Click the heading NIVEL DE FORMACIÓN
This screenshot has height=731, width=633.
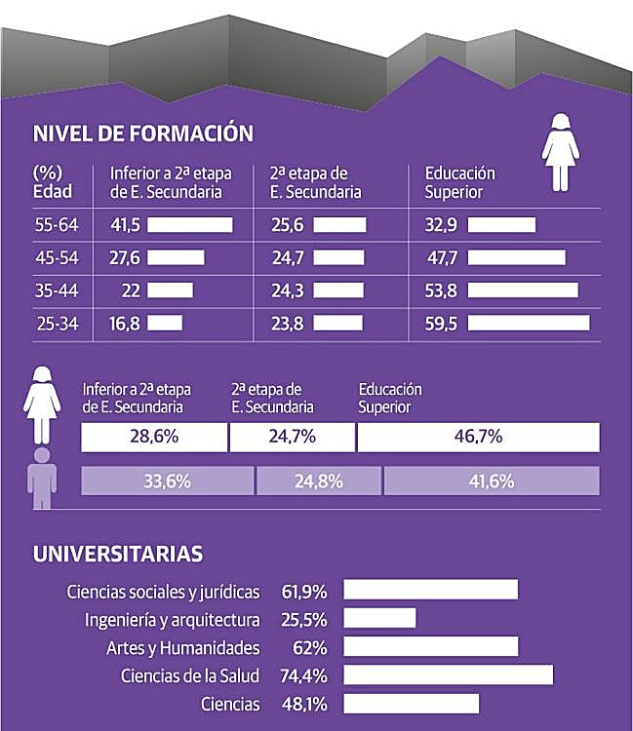pyautogui.click(x=142, y=134)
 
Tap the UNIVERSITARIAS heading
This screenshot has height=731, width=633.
pyautogui.click(x=118, y=554)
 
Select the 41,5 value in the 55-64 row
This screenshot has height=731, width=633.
pyautogui.click(x=126, y=225)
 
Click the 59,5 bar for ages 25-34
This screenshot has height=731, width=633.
pyautogui.click(x=529, y=323)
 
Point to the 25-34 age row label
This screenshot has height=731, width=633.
pyautogui.click(x=55, y=323)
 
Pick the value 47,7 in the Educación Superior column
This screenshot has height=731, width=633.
pyautogui.click(x=443, y=257)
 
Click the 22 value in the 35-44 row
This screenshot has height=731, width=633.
pyautogui.click(x=132, y=289)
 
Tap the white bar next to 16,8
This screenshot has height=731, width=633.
pyautogui.click(x=165, y=323)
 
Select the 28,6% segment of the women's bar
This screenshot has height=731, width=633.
pyautogui.click(x=154, y=437)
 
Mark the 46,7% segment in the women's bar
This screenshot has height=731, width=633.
pyautogui.click(x=478, y=437)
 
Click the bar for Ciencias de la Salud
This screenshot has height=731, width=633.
pyautogui.click(x=448, y=675)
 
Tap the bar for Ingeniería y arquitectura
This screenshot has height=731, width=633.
pyautogui.click(x=379, y=619)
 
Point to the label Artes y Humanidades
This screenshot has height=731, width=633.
pyautogui.click(x=183, y=647)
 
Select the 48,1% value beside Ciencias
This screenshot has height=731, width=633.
pyautogui.click(x=304, y=704)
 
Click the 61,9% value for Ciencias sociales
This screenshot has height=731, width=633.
pyautogui.click(x=304, y=591)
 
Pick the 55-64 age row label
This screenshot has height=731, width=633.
pyautogui.click(x=55, y=225)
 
